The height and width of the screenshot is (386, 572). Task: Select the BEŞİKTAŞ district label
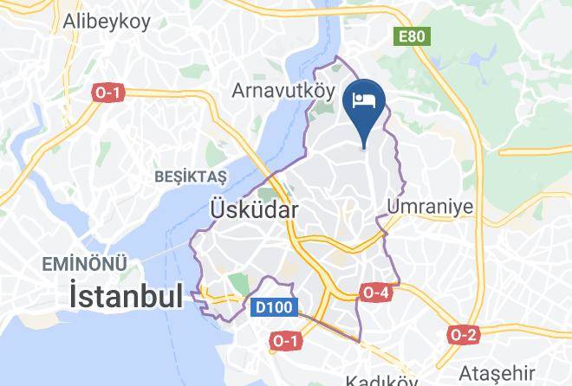point(189,177)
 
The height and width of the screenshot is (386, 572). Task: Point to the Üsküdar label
point(255,209)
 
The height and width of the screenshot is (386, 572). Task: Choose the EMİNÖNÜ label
point(87,263)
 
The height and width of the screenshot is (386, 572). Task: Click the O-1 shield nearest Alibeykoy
point(107,92)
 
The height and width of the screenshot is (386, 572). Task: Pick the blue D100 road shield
point(275,307)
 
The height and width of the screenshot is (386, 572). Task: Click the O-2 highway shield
point(464,334)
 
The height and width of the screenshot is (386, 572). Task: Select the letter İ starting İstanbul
point(76,297)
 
